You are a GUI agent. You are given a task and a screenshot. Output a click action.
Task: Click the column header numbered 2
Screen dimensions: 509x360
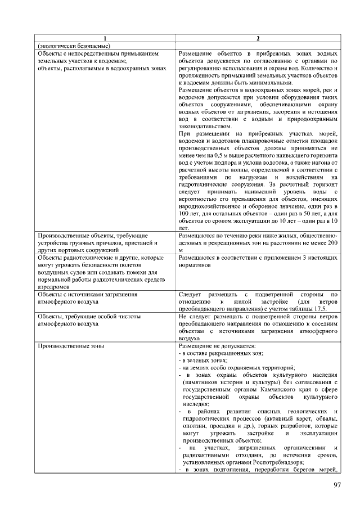tap(258, 38)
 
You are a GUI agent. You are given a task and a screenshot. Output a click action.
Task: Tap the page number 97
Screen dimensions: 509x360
tap(337, 485)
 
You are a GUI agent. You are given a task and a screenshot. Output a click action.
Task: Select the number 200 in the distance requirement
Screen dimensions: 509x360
tap(331, 242)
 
